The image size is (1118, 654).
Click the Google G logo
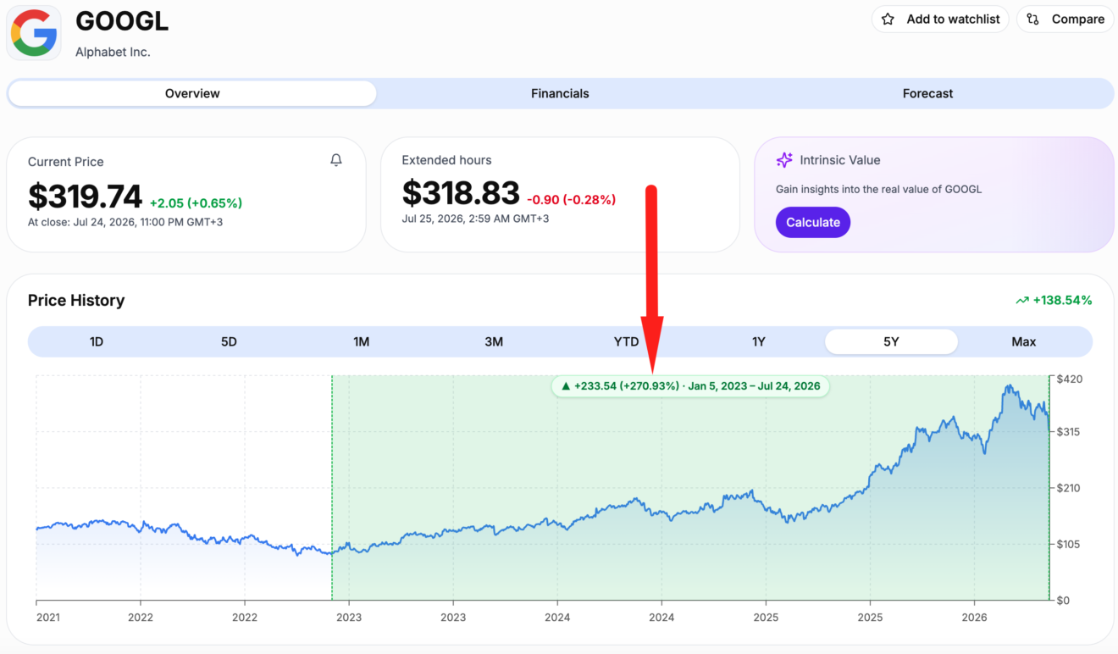[34, 33]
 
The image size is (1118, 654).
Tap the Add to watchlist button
[940, 19]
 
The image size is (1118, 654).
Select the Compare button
[1065, 19]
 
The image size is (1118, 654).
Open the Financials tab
[560, 93]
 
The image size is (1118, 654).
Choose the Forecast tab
[927, 93]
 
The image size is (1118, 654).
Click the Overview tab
[192, 93]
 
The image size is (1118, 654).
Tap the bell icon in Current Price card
[336, 160]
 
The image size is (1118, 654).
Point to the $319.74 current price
[85, 197]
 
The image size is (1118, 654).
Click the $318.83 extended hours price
[461, 192]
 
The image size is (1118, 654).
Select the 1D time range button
[97, 341]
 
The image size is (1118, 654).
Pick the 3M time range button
[494, 341]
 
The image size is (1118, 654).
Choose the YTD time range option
[626, 341]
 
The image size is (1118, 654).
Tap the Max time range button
[1024, 341]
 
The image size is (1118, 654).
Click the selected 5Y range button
[891, 341]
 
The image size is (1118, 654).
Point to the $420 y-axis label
[1070, 379]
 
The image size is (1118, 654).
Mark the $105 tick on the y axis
[1070, 544]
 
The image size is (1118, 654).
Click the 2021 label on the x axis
[48, 618]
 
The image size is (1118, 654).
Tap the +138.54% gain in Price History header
[1062, 300]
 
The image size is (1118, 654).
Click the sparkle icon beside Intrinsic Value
[784, 160]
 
